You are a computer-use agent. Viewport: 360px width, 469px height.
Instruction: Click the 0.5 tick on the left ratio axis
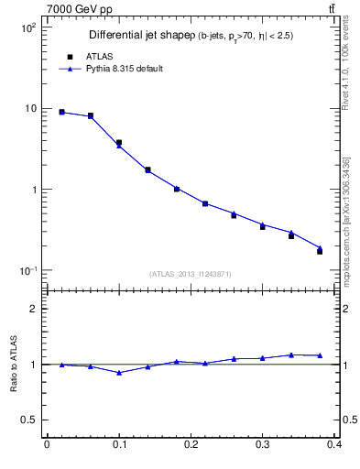(x=29, y=420)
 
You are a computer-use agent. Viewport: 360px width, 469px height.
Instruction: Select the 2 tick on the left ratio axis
(x=34, y=309)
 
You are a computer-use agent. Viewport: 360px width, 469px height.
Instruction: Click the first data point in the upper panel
(x=61, y=112)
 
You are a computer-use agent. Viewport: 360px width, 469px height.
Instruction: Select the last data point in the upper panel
(x=320, y=250)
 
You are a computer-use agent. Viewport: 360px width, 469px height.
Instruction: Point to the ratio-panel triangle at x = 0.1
(x=119, y=373)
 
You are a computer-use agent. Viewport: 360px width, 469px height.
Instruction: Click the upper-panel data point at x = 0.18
(x=177, y=189)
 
